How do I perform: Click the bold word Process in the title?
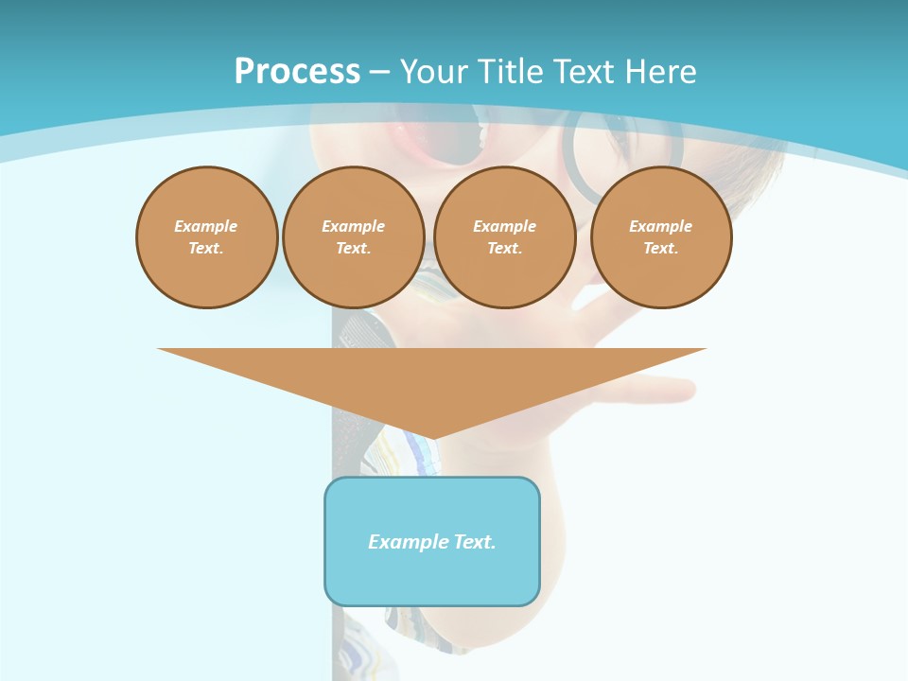[x=297, y=72]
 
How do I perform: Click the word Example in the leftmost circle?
[x=205, y=226]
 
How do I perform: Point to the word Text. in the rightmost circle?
[x=660, y=248]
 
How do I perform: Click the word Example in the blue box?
[x=408, y=542]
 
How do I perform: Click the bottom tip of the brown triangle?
[x=432, y=437]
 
